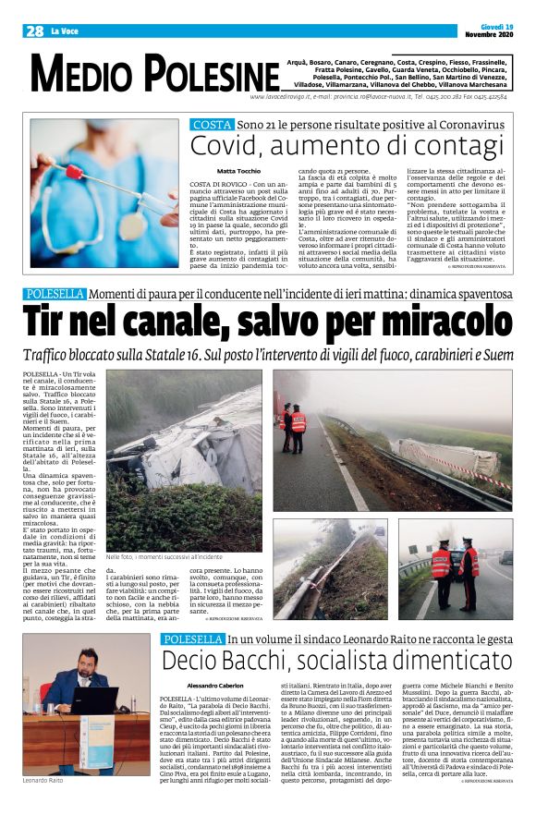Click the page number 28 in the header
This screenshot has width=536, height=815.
click(34, 31)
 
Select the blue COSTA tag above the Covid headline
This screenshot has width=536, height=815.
click(212, 124)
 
